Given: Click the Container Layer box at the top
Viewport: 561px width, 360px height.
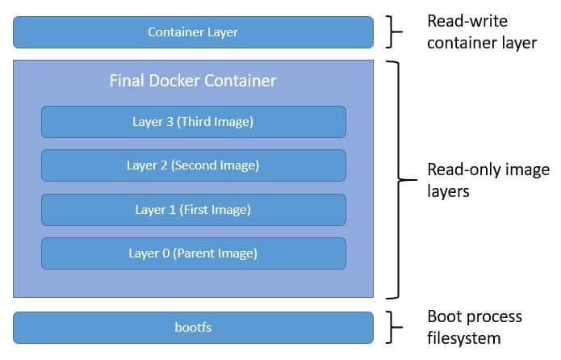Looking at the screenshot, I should pyautogui.click(x=193, y=32).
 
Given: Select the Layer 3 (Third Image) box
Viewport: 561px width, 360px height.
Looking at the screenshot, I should pyautogui.click(x=193, y=122).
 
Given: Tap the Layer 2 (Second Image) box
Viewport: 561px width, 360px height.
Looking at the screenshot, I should pyautogui.click(x=193, y=165).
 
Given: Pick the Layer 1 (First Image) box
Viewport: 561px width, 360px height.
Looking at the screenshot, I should pyautogui.click(x=193, y=210).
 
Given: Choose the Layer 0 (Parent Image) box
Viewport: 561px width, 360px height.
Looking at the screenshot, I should pyautogui.click(x=193, y=253).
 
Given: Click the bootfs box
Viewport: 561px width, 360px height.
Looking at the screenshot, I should pyautogui.click(x=193, y=328).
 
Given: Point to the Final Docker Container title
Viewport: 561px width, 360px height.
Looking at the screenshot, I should pyautogui.click(x=193, y=82).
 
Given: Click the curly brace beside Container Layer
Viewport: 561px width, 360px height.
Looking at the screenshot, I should pyautogui.click(x=395, y=32).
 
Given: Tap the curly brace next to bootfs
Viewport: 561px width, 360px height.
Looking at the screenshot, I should pyautogui.click(x=395, y=328).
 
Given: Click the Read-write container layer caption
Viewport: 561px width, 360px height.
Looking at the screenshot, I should pyautogui.click(x=482, y=32).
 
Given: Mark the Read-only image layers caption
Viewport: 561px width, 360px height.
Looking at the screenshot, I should pyautogui.click(x=488, y=180).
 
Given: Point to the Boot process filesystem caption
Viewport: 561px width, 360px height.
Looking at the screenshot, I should pyautogui.click(x=474, y=327).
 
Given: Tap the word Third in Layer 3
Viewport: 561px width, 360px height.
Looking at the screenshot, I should pyautogui.click(x=196, y=122).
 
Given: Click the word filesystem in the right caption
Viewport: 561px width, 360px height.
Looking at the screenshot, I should pyautogui.click(x=463, y=337).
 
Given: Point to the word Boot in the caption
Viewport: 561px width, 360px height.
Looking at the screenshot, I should pyautogui.click(x=443, y=316).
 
